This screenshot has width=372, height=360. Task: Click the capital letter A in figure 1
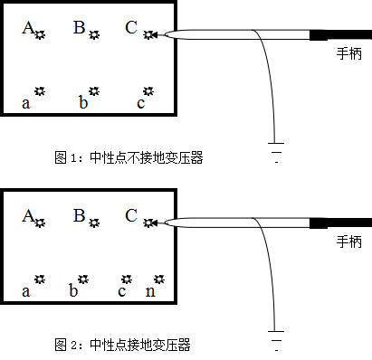[x=28, y=28]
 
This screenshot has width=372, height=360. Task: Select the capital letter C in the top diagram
[x=131, y=28]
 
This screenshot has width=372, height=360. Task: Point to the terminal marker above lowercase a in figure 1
[x=39, y=91]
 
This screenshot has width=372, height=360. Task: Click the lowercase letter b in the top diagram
[x=82, y=103]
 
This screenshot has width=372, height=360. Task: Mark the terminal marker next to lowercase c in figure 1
[x=148, y=92]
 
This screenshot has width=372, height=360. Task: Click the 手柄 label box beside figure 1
[x=348, y=54]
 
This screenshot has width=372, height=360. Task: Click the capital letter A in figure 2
[x=28, y=216]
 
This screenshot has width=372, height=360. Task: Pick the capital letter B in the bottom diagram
[x=80, y=216]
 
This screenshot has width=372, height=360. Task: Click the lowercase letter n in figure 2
[x=151, y=291]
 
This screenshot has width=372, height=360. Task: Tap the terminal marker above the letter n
[x=159, y=279]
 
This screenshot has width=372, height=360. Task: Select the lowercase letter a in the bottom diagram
[x=27, y=291]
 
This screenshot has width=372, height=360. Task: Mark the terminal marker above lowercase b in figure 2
[x=82, y=279]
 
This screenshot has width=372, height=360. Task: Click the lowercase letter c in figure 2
[x=121, y=291]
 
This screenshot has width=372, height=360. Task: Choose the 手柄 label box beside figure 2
[x=348, y=242]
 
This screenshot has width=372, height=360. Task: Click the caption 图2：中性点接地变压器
[x=123, y=346]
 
